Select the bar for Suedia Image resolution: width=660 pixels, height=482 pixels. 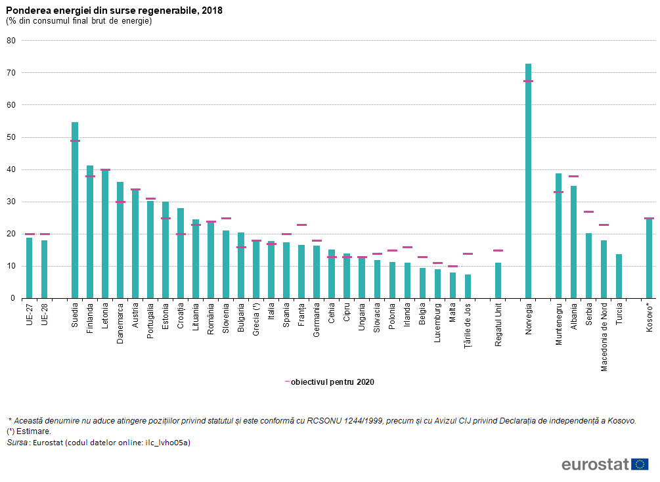pos(75,210)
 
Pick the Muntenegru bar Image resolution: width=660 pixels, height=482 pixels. pos(558,236)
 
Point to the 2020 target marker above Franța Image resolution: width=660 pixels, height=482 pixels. pos(301,225)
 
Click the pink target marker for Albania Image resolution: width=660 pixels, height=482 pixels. pos(573,177)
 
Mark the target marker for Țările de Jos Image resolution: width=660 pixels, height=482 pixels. pos(468,254)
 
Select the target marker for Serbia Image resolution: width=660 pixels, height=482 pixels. pos(588,212)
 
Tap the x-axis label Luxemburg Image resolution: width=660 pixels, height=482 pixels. pos(437,322)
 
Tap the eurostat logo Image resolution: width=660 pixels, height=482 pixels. pos(604,465)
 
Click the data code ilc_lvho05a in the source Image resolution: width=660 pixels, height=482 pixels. pos(167,443)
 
